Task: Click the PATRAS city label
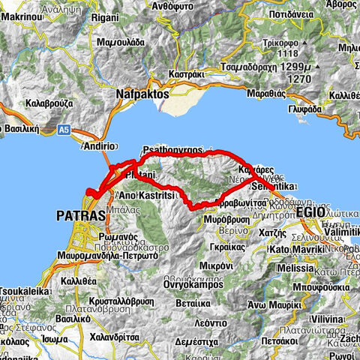(76, 216)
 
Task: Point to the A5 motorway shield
(64, 132)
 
